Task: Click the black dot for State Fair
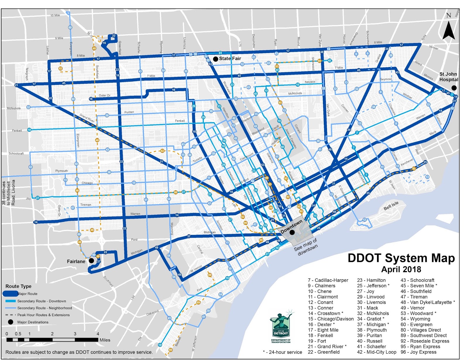point(215,59)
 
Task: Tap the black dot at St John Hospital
point(454,88)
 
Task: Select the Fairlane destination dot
point(91,260)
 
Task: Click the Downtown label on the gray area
point(291,227)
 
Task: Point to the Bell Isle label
point(391,206)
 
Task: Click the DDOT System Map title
point(401,258)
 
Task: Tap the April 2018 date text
point(401,269)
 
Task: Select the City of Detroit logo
point(281,326)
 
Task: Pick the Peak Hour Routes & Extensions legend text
point(43,315)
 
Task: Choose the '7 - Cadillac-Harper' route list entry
point(328,280)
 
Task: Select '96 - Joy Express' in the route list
point(418,352)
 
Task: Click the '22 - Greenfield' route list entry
point(324,352)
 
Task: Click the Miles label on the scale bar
point(105,340)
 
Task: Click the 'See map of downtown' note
point(306,246)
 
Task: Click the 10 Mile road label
point(55,15)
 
